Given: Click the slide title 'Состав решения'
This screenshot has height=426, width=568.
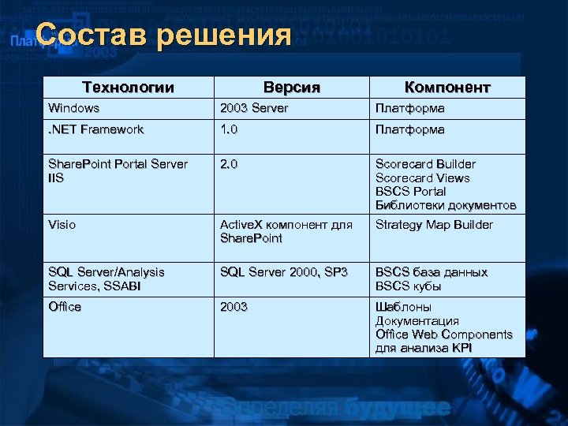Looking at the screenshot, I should pos(163,35).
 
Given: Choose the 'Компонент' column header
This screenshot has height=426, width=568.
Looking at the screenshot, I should pos(447,87).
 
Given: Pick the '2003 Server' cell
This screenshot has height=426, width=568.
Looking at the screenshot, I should pos(254,108).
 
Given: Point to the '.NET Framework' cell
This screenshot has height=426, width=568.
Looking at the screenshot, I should pos(96,129).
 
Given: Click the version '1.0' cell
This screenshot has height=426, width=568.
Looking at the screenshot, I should pos(230,129).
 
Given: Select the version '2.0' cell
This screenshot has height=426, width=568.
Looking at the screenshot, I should pos(230,164).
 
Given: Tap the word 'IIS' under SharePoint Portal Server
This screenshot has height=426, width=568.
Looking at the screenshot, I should pos(56,178).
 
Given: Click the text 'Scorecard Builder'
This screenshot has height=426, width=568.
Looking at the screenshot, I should pos(425,164).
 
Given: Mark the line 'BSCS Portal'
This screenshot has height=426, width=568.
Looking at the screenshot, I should pos(410,192).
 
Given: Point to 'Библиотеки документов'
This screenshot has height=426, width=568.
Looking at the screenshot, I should pos(446,206).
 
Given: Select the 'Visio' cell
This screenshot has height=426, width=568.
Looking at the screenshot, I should pos(62,225).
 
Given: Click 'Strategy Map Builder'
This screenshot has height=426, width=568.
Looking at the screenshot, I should pos(434,225).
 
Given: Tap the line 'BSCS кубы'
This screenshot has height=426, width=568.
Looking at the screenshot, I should pos(409,286).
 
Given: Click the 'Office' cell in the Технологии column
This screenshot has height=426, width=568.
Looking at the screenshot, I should pos(65,307).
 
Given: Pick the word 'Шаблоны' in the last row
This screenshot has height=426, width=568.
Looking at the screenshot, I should pos(403,307).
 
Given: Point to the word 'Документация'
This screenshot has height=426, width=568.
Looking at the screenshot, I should pos(417,321).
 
